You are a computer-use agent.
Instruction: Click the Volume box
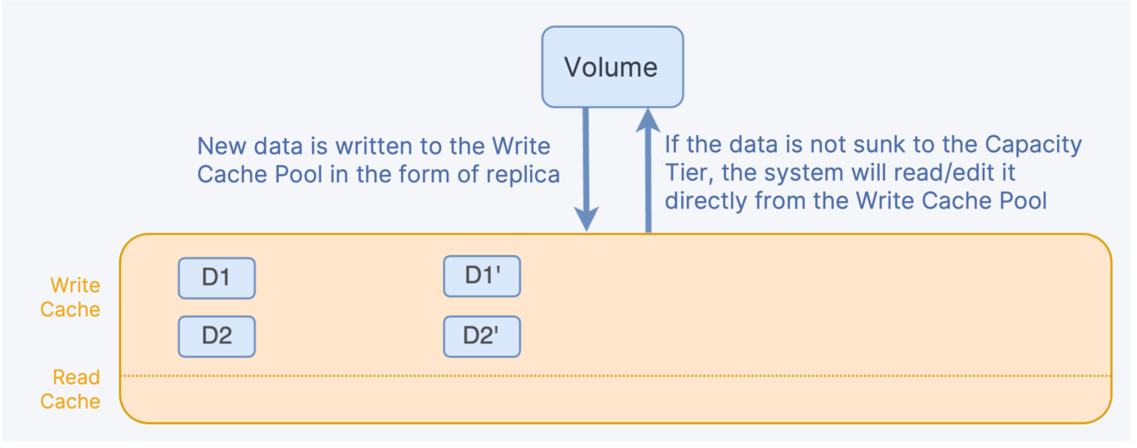613,66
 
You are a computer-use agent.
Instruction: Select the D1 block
216,278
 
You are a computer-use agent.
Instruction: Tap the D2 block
216,336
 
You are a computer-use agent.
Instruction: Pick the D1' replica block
482,276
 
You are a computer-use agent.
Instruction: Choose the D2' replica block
482,336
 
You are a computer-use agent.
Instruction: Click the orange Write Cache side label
71,298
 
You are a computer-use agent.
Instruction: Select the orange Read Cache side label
71,389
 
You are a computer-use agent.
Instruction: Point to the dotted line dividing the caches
613,376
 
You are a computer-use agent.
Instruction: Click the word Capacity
1032,145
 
